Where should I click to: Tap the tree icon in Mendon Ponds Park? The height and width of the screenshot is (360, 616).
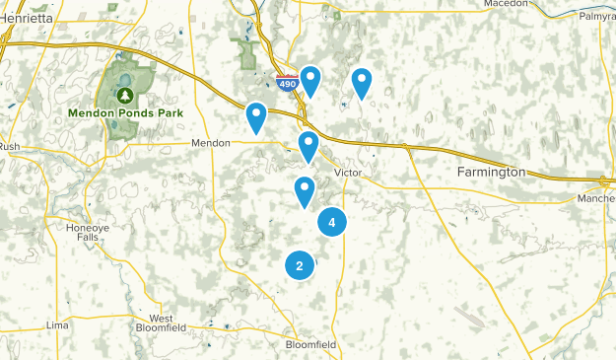pyautogui.click(x=126, y=95)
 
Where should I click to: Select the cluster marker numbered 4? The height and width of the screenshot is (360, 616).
pyautogui.click(x=332, y=223)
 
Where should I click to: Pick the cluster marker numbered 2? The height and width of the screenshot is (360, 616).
pyautogui.click(x=300, y=265)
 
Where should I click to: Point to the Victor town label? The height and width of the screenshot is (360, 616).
pyautogui.click(x=349, y=173)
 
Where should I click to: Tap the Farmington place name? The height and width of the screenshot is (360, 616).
pyautogui.click(x=491, y=172)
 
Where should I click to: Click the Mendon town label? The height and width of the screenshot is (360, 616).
pyautogui.click(x=210, y=143)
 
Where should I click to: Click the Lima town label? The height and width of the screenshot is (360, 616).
pyautogui.click(x=58, y=324)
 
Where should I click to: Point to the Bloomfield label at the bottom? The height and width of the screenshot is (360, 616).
pyautogui.click(x=310, y=344)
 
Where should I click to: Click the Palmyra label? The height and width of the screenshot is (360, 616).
pyautogui.click(x=596, y=17)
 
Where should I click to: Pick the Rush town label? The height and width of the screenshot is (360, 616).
pyautogui.click(x=10, y=147)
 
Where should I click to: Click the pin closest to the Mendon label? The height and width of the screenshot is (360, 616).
pyautogui.click(x=256, y=117)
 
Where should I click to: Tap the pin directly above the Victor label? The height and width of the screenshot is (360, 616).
pyautogui.click(x=308, y=146)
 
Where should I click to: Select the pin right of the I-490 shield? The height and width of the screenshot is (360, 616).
pyautogui.click(x=310, y=81)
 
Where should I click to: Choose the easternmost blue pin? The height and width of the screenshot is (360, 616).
pyautogui.click(x=362, y=83)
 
